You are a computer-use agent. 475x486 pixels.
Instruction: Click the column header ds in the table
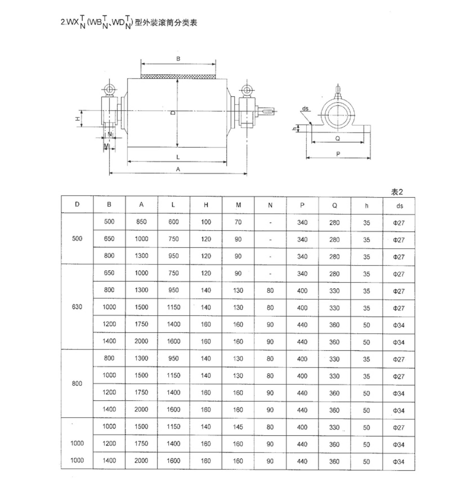point(399,206)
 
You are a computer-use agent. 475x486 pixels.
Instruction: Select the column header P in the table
point(302,205)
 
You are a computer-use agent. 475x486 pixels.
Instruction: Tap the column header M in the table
point(238,205)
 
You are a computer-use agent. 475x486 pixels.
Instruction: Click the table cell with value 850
point(142,222)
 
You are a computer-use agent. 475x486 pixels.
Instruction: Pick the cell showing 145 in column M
point(238,427)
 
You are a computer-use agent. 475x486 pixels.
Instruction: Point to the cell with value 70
point(238,222)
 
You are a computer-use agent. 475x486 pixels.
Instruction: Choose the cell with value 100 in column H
point(206,222)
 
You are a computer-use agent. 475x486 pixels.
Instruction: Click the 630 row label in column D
point(77,307)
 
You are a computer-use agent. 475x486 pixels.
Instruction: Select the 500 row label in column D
point(77,238)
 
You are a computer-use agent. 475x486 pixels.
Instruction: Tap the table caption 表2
point(397,192)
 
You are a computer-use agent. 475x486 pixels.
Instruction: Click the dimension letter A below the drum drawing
point(178,169)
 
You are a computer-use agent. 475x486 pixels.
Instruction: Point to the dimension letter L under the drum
point(178,157)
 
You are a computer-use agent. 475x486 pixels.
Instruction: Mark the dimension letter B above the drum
point(178,59)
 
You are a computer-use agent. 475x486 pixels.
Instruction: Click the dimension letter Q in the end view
point(338,139)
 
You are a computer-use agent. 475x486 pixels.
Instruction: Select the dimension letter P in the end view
point(338,154)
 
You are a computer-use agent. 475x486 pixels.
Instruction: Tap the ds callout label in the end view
point(305,108)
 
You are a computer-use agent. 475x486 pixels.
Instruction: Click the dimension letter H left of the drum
point(78,119)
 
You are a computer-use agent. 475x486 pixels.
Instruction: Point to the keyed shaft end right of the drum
point(267,111)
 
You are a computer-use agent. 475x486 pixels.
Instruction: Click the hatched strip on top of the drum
point(178,77)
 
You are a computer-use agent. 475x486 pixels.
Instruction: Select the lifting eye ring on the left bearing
point(109,90)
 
